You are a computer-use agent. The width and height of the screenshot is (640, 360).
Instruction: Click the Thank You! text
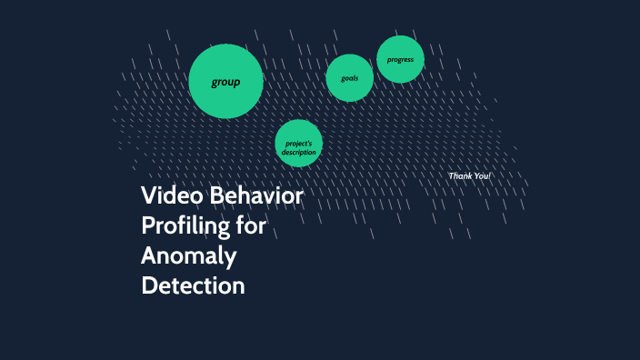coord(469,175)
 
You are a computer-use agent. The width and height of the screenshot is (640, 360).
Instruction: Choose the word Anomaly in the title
coord(188,255)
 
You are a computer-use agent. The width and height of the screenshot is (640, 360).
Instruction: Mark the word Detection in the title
coord(193,285)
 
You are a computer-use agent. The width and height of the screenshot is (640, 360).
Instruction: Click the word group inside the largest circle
coord(225,82)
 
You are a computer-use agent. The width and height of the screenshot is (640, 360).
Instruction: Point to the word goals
coord(350,78)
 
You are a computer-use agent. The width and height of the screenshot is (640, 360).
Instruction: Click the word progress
coord(400,60)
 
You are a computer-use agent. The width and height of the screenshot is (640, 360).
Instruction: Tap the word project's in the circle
coord(298,144)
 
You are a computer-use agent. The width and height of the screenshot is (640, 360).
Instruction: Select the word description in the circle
coord(298,152)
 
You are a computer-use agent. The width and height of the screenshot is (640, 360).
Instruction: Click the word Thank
coord(461,175)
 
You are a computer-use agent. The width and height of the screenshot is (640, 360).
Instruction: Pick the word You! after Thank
coord(482,175)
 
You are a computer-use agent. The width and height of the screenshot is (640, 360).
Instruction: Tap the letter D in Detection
coord(150,285)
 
